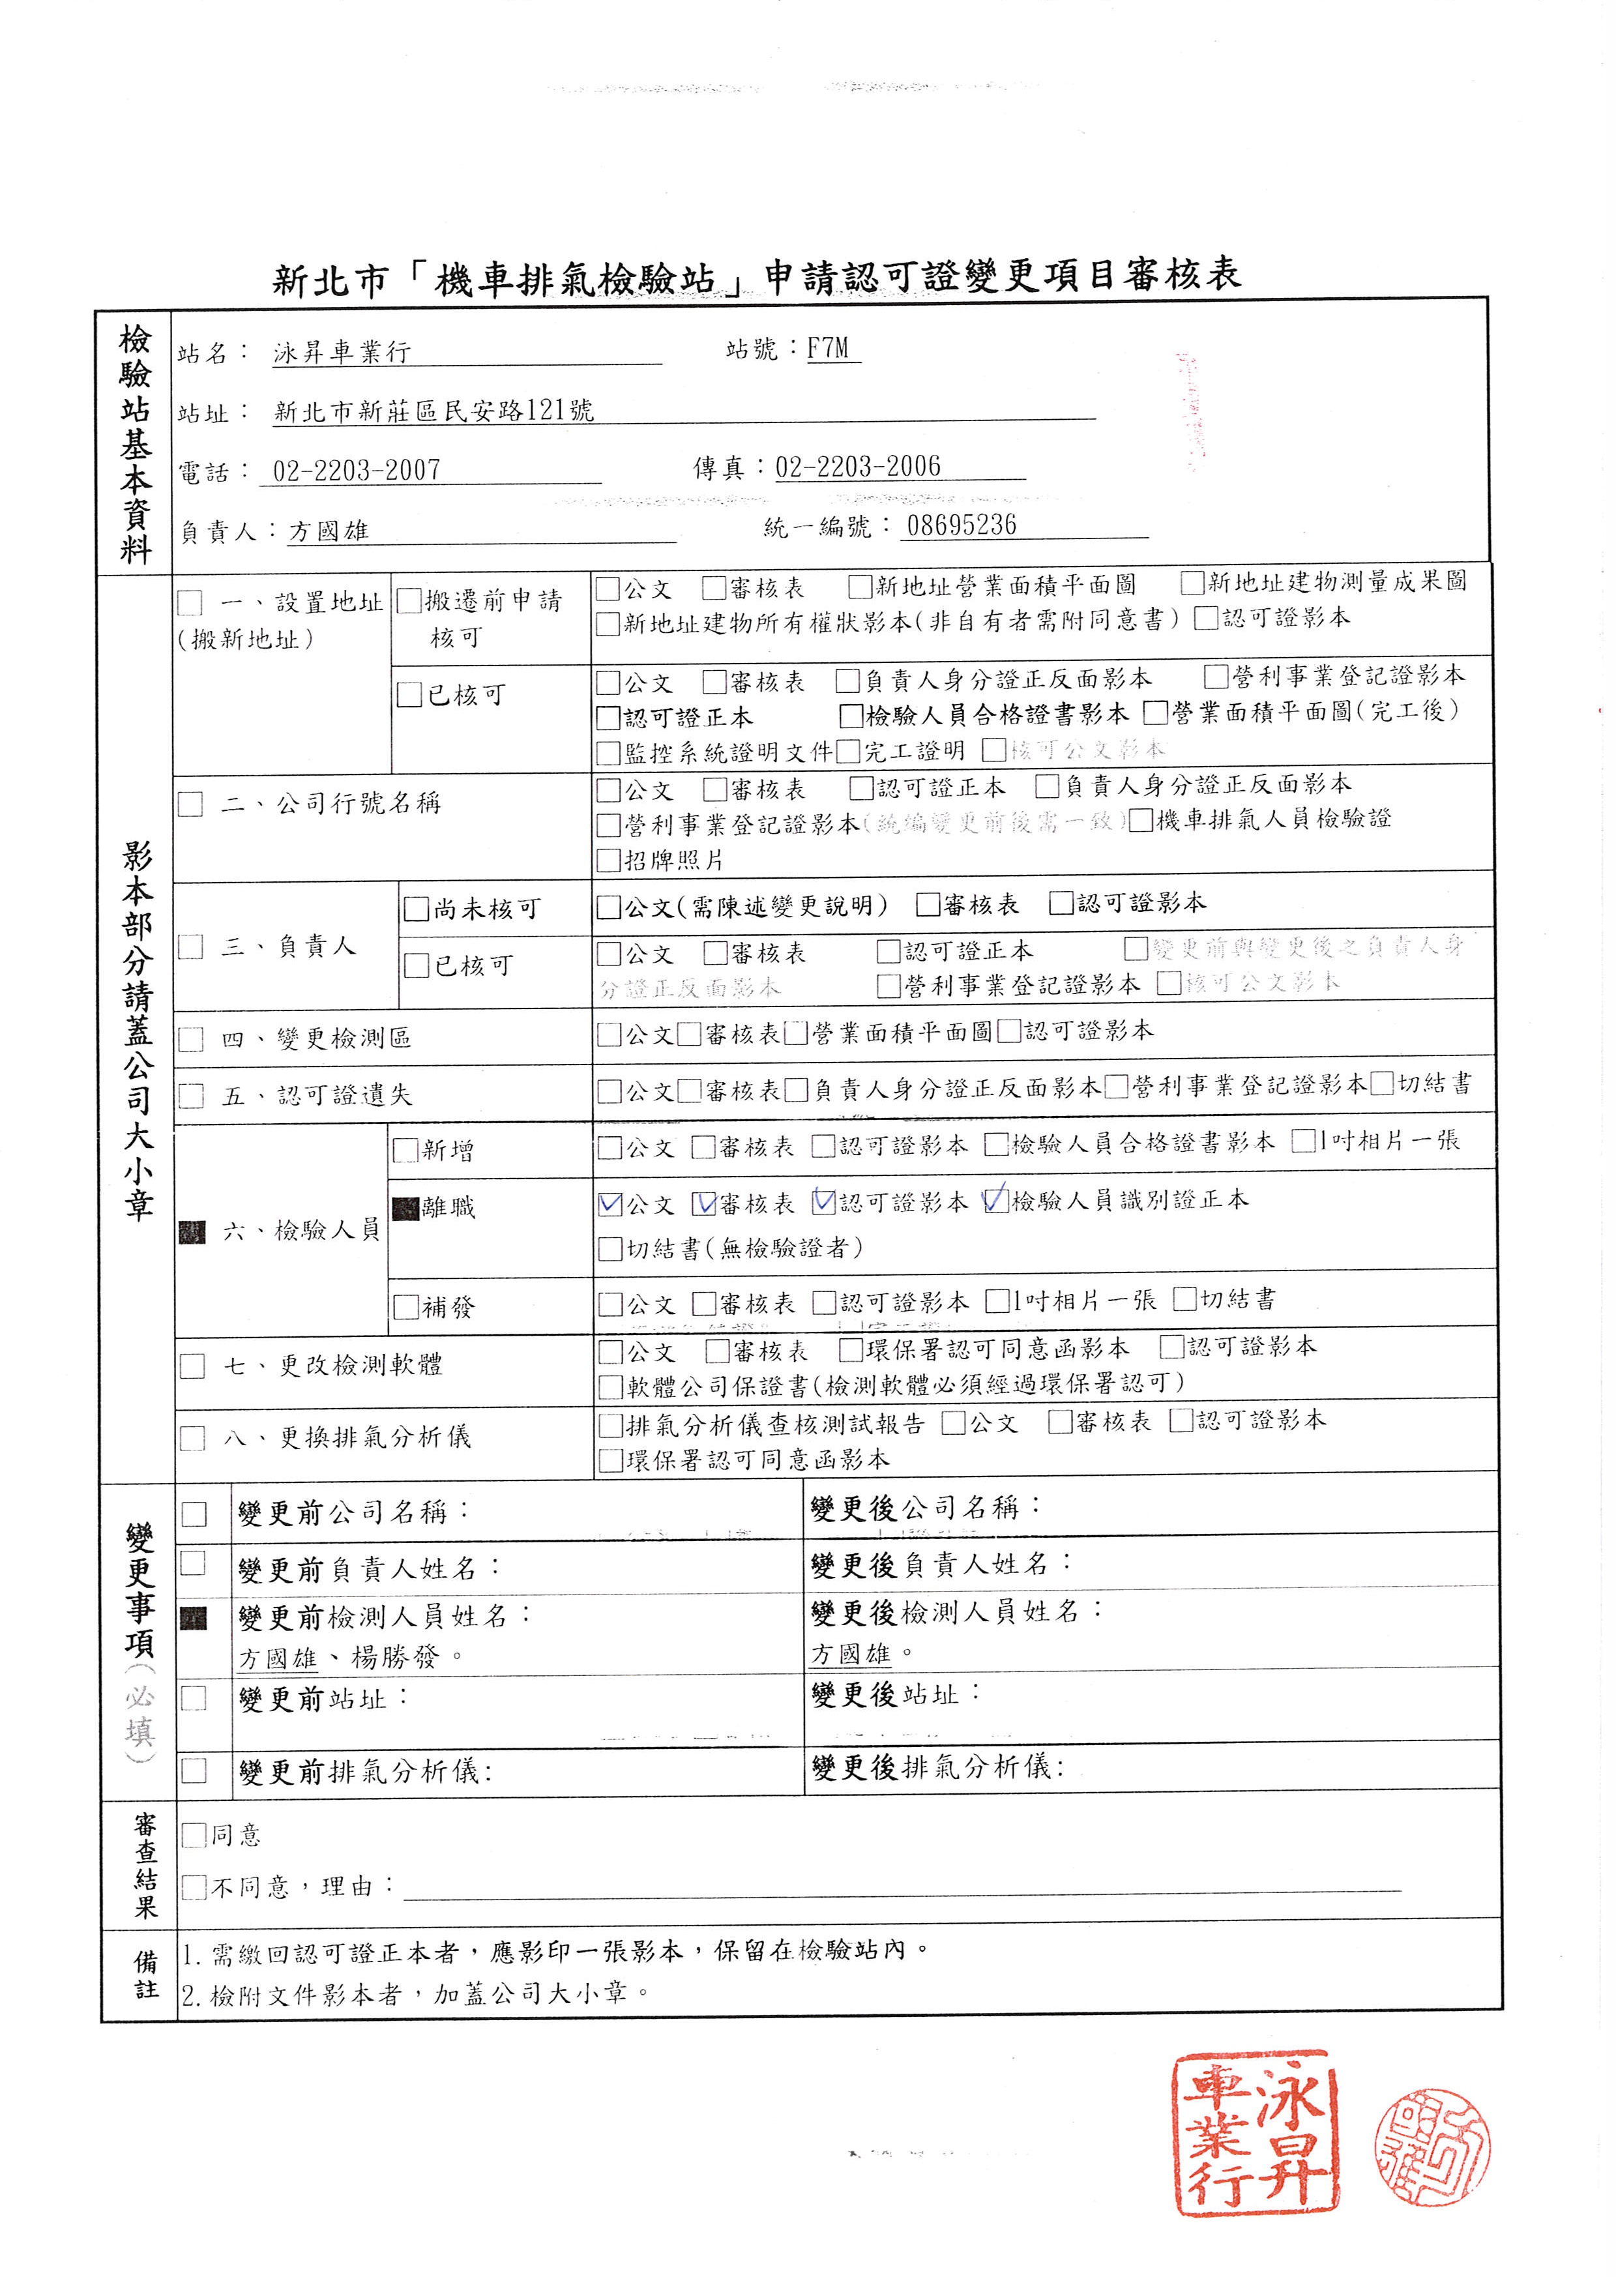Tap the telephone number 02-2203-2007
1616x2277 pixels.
point(356,470)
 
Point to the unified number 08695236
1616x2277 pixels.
point(962,525)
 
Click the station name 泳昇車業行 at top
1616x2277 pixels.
point(342,351)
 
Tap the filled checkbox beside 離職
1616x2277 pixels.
point(405,1208)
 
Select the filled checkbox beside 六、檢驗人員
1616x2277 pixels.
point(191,1232)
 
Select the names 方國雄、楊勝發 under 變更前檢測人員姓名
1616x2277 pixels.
point(338,1657)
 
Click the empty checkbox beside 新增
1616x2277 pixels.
point(405,1151)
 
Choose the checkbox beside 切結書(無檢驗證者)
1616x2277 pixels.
point(609,1249)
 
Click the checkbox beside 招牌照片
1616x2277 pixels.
point(608,860)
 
